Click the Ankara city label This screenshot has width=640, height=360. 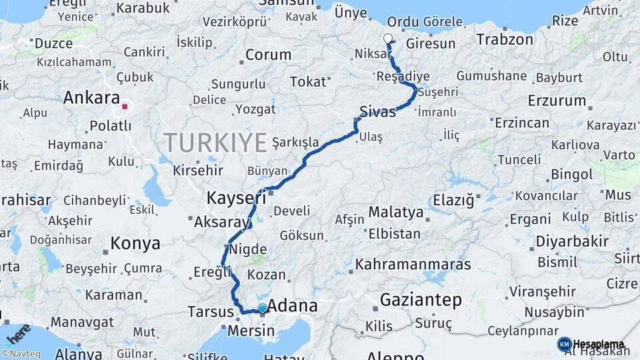click(x=91, y=98)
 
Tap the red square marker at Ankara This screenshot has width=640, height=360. click(x=125, y=106)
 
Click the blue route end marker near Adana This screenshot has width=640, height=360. click(x=263, y=308)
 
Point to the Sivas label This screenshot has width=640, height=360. click(x=377, y=112)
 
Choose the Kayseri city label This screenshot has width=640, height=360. click(x=236, y=198)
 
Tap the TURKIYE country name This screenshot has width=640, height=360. click(x=215, y=142)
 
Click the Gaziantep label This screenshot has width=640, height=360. click(x=420, y=301)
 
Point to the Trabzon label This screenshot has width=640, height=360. click(x=505, y=40)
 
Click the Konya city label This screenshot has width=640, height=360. click(x=135, y=243)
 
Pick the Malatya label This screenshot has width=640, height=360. click(x=396, y=213)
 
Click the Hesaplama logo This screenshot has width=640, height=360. click(x=591, y=345)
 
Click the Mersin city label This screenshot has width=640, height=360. click(x=251, y=331)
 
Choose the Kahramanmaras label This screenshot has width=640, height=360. click(x=413, y=265)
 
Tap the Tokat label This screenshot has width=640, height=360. click(x=308, y=82)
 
